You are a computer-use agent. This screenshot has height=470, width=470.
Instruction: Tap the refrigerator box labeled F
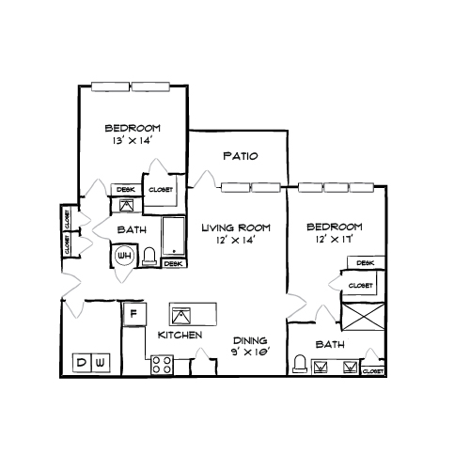(x=134, y=313)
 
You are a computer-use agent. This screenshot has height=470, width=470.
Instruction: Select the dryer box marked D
(x=82, y=363)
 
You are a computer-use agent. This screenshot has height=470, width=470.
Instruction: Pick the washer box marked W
(x=101, y=363)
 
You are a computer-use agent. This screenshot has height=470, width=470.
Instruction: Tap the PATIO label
(x=241, y=156)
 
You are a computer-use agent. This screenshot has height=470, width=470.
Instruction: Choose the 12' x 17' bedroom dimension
(x=334, y=240)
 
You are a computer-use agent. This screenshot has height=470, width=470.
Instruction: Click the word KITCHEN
(x=180, y=336)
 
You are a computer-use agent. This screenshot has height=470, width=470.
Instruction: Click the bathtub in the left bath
(x=174, y=236)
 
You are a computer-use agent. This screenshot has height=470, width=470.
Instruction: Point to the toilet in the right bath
(x=300, y=364)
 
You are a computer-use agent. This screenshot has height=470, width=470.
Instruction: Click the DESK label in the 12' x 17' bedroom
(x=366, y=263)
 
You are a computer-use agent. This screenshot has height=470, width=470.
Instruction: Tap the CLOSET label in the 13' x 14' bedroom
(x=161, y=189)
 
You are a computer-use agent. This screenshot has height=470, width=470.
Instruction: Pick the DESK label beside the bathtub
(x=173, y=264)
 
